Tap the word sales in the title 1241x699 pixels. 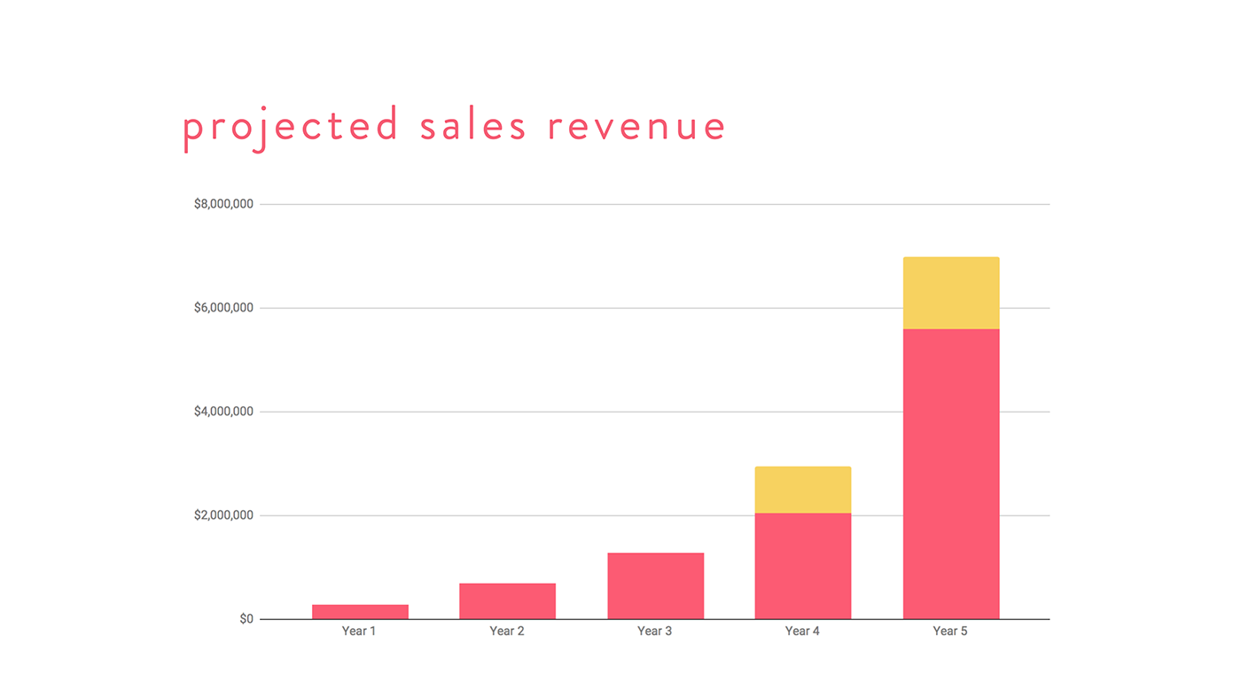pos(473,126)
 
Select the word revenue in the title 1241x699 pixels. pos(636,126)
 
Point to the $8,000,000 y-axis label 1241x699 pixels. pos(223,204)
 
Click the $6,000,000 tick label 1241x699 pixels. pos(223,308)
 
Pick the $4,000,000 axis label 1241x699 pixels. pos(223,412)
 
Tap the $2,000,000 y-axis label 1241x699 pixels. pos(223,515)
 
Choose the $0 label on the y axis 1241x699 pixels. pos(246,619)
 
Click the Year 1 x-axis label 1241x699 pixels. pos(359,632)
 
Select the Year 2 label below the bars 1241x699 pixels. pos(507,632)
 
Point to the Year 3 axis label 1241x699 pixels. pos(655,632)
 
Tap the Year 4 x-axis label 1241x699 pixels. pos(802,632)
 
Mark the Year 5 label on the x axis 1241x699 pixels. pos(950,632)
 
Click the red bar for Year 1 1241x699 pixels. pos(360,612)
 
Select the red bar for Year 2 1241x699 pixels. pos(507,601)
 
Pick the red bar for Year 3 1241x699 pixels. pos(655,586)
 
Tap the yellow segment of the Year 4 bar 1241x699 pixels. pos(802,490)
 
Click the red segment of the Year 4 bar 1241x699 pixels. pos(802,566)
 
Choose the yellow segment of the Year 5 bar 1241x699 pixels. pos(951,294)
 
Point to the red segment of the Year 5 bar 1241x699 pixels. pos(951,475)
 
